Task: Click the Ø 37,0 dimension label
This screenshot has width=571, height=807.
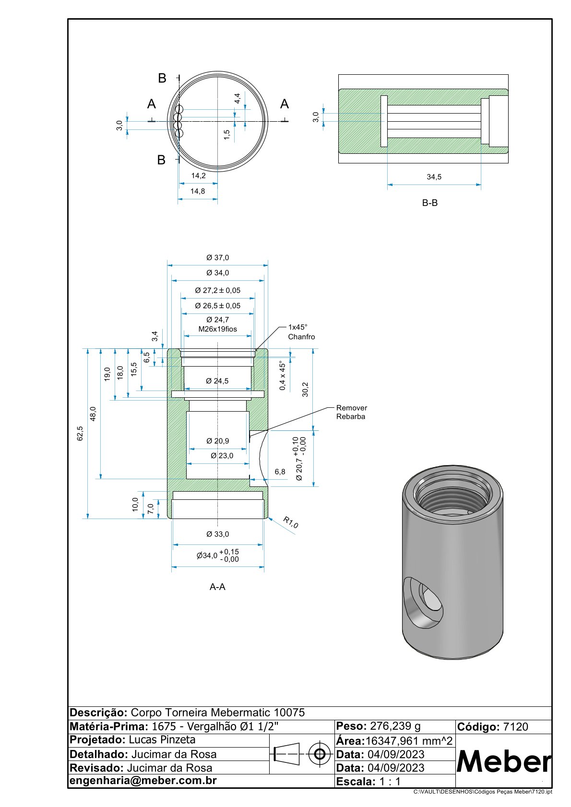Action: pos(217,258)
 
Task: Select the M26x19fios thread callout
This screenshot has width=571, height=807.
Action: pos(218,329)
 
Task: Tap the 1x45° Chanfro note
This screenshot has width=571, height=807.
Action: pos(301,332)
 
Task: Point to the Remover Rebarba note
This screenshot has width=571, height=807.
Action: pos(351,412)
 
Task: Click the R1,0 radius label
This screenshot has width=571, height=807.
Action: pos(290,522)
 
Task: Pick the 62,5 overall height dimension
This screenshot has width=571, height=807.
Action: pos(80,433)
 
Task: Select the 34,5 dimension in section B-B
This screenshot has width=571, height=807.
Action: pos(434,177)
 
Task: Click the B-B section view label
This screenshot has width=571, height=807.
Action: pos(429,203)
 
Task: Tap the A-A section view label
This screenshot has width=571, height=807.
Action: pos(217,587)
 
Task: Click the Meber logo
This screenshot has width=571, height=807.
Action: pos(503,761)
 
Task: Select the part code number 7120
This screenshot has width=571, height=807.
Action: pos(515,727)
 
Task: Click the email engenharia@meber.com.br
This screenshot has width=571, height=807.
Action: pos(143,781)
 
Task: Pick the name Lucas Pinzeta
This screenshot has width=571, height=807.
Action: pos(162,740)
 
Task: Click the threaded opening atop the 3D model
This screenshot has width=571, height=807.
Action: pos(452,498)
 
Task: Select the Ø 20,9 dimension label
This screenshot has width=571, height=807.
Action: pos(217,441)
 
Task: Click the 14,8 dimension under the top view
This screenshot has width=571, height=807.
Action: pos(197,191)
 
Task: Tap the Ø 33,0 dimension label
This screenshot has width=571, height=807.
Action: pos(217,534)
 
